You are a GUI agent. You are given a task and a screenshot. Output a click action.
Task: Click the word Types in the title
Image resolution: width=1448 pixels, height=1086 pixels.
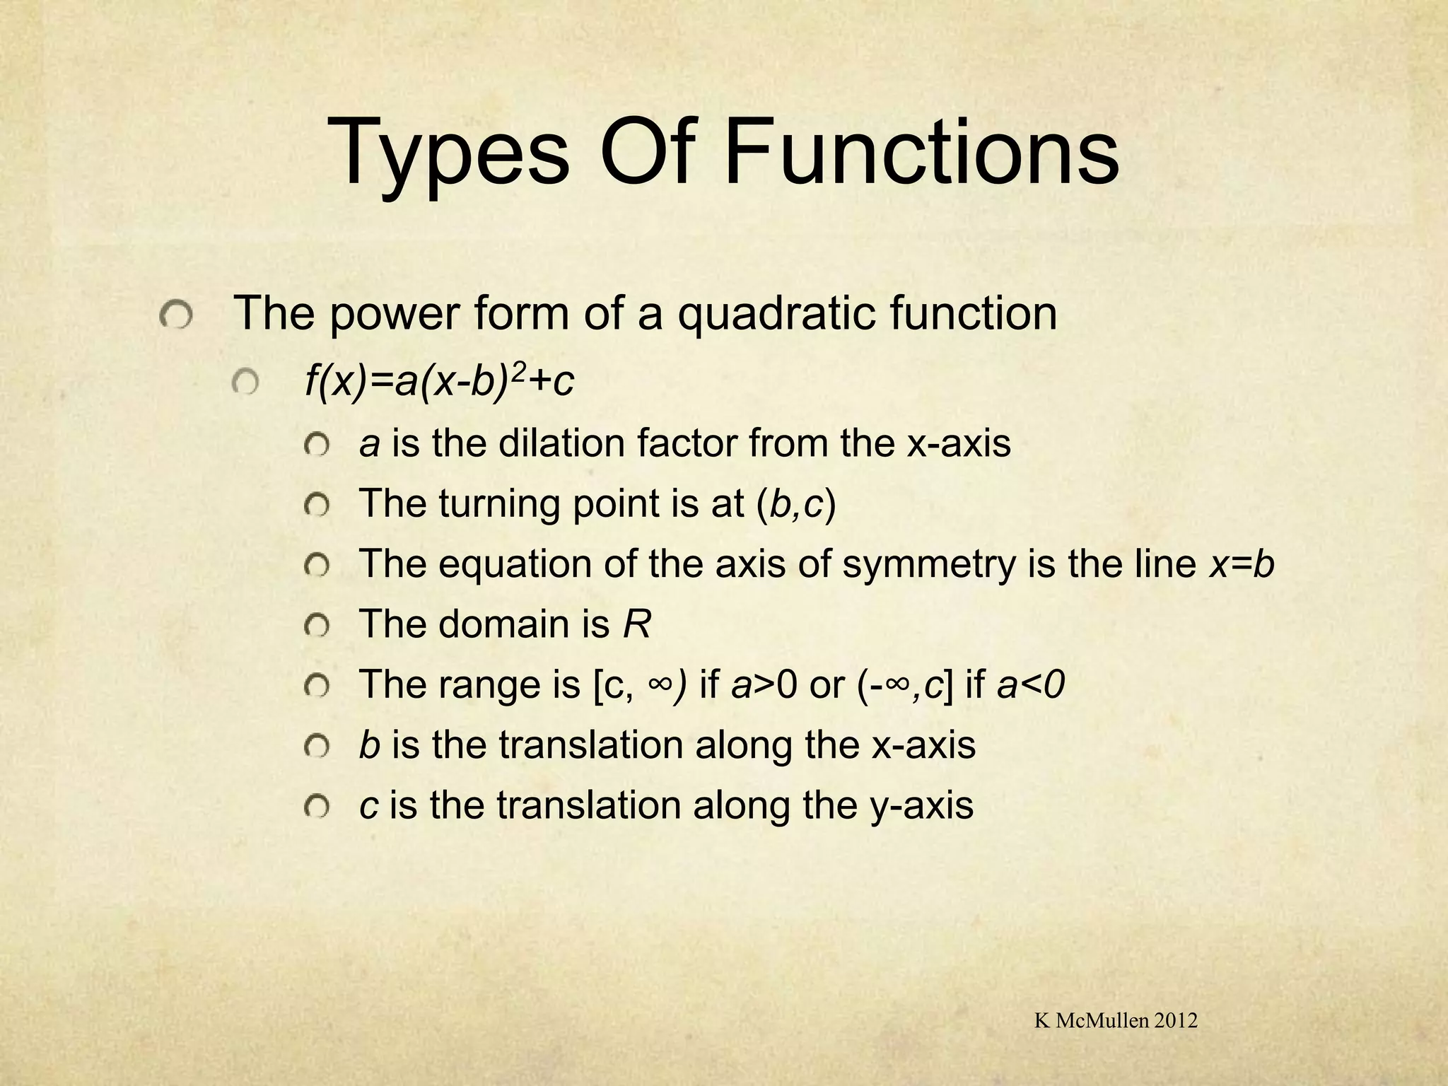tap(450, 154)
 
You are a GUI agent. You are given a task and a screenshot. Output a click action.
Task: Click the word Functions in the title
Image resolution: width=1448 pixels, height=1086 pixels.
tap(921, 154)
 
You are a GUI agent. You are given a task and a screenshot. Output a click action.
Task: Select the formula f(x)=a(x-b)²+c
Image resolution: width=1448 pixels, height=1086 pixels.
tap(438, 383)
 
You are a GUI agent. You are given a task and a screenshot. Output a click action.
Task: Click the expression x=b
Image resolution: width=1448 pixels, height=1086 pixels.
tap(1241, 564)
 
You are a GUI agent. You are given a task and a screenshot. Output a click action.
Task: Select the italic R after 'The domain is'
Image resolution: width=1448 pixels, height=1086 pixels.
tap(636, 624)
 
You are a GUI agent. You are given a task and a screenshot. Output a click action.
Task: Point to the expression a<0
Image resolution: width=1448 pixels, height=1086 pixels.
tap(1030, 685)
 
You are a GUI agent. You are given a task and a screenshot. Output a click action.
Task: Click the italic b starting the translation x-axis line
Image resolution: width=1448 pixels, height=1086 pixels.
tap(369, 745)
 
